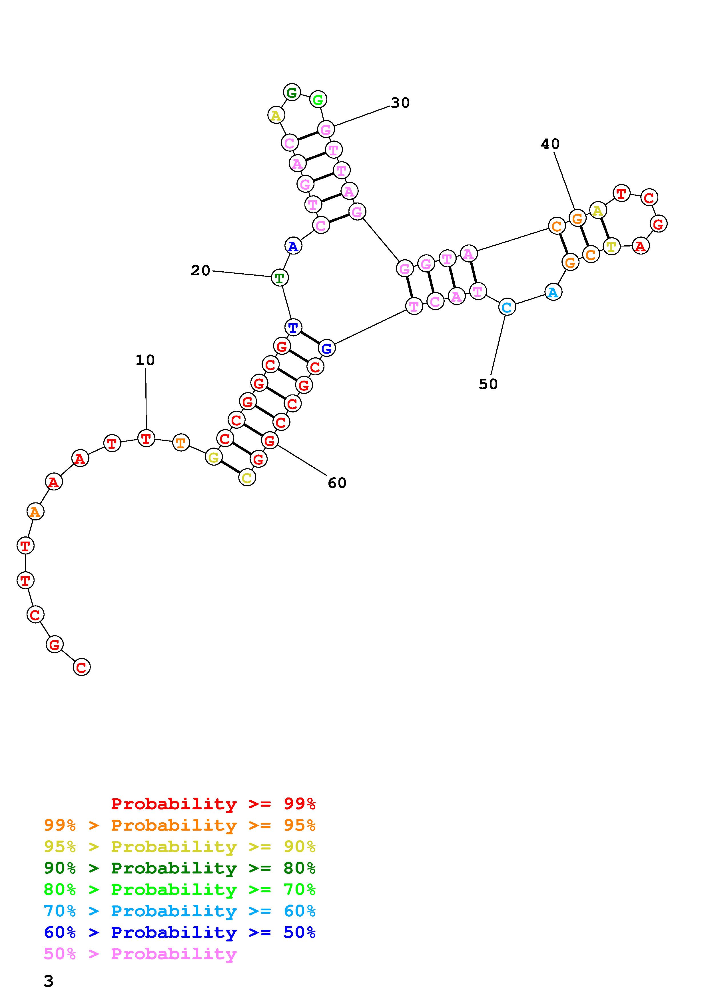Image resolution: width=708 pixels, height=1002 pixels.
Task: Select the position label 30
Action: click(400, 103)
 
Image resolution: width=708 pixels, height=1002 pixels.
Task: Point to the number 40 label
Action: click(550, 144)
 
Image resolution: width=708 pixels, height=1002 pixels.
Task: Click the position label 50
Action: click(488, 384)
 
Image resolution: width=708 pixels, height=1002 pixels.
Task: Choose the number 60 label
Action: click(337, 483)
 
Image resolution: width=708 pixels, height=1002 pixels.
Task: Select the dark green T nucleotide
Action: click(279, 278)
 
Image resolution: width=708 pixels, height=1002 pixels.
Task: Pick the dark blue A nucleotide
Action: click(293, 247)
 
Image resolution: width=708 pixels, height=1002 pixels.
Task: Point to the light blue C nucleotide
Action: click(506, 307)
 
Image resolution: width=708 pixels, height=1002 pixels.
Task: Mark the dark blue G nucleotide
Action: click(326, 348)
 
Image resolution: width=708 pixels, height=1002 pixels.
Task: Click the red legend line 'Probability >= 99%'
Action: click(213, 803)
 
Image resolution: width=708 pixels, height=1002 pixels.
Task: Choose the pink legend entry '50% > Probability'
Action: click(140, 954)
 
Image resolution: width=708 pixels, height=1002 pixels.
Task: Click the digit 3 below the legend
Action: click(49, 981)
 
